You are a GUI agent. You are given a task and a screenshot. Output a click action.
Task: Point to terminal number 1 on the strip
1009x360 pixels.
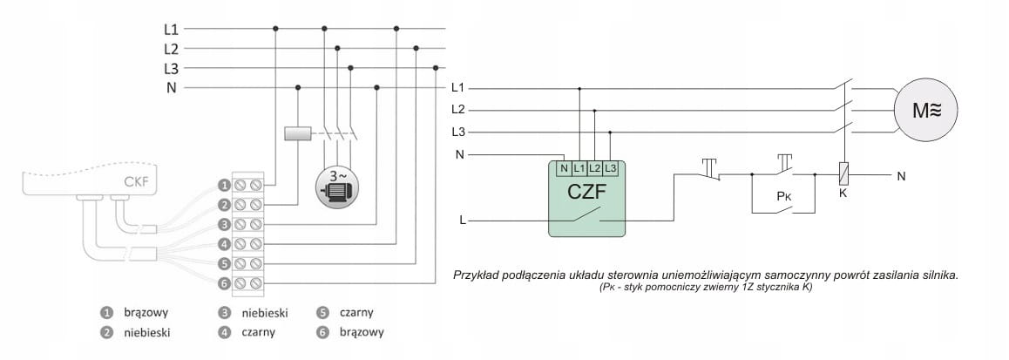coord(224,185)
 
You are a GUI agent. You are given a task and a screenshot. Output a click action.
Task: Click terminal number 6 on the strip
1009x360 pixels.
coord(224,283)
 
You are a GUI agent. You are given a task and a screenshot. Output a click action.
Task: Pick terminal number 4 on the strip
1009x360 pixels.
coord(224,243)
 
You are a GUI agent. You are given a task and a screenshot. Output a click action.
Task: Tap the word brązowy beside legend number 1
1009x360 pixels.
coord(146,312)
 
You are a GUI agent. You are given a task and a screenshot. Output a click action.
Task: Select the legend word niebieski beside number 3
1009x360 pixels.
coord(265,312)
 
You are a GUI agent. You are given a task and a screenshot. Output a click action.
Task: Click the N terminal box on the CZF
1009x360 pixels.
coord(564,167)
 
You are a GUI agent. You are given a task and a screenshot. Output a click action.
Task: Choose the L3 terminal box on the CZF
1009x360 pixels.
coord(610,167)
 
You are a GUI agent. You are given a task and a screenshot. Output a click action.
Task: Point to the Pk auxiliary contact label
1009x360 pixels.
coord(783,197)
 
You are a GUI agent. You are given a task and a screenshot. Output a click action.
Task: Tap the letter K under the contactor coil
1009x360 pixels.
coord(843,192)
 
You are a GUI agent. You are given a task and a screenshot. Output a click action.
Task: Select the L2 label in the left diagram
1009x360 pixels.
coord(171,48)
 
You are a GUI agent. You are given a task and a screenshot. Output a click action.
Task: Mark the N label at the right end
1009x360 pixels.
coord(900,175)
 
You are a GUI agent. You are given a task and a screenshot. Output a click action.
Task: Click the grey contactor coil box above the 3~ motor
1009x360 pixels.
coord(298,134)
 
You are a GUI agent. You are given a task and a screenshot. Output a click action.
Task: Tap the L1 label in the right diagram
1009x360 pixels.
coord(458,88)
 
